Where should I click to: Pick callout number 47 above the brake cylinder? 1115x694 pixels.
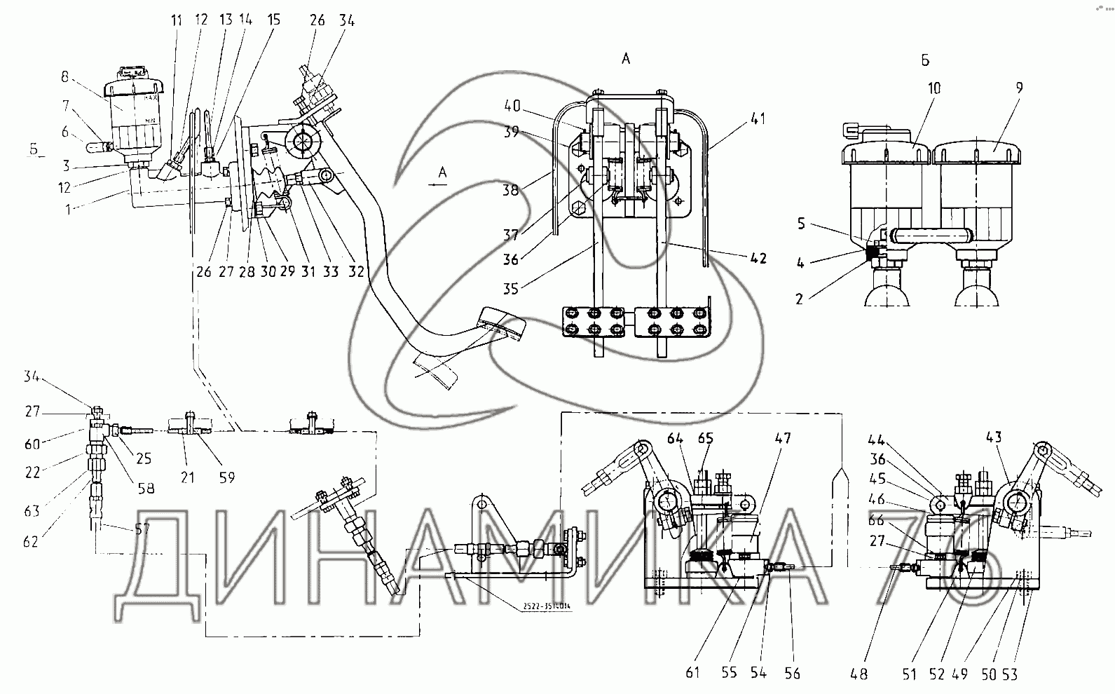(x=782, y=439)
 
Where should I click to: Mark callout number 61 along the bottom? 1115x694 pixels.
(x=692, y=674)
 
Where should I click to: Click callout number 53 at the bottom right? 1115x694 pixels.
(x=1009, y=674)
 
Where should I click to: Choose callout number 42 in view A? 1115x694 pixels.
(x=758, y=258)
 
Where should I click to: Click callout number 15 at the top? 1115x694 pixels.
(x=273, y=20)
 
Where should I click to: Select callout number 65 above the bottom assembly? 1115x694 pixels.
(x=705, y=440)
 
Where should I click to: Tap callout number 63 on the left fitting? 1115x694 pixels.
(x=32, y=512)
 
